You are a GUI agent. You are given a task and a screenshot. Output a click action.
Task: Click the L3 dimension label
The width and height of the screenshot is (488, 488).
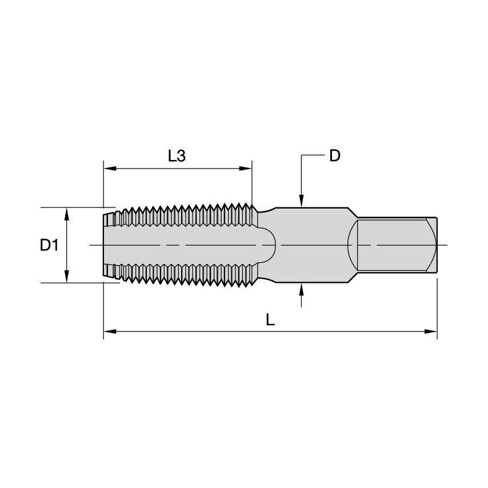(x=177, y=155)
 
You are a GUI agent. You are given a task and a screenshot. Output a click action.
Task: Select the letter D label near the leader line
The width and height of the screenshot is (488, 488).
(x=335, y=155)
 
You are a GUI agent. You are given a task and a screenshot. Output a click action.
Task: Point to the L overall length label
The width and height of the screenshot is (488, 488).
(x=270, y=320)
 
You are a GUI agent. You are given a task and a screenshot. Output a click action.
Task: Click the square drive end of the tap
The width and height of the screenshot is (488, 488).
(x=394, y=245)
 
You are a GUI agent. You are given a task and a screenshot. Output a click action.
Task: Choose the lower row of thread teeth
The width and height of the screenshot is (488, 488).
(x=183, y=275)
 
